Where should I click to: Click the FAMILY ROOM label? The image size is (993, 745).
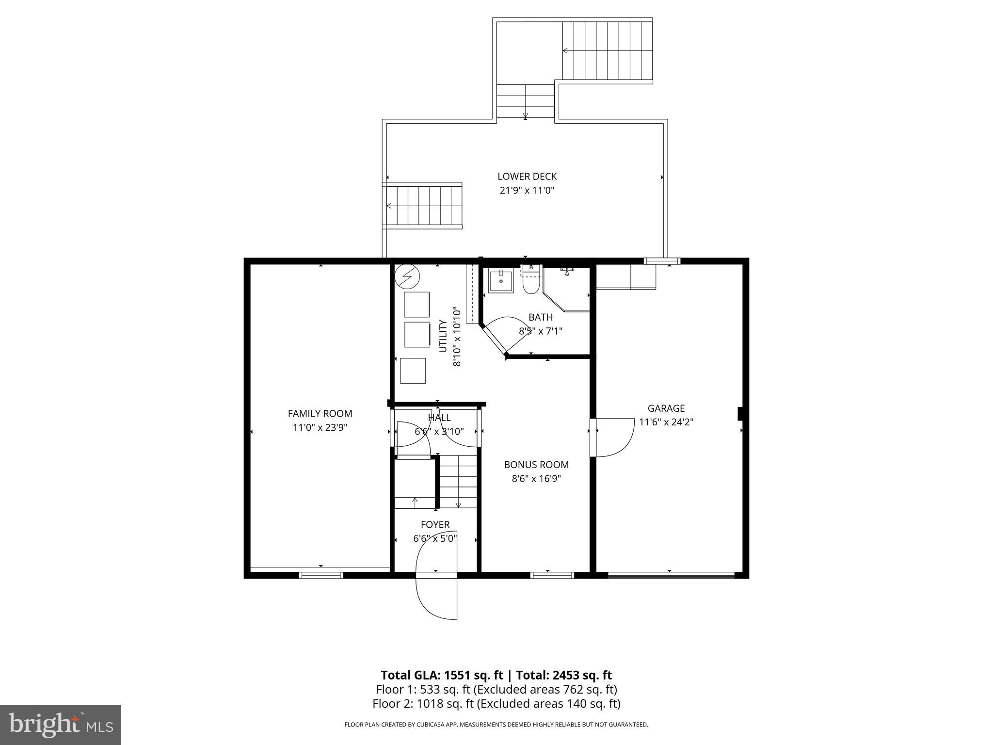click(320, 414)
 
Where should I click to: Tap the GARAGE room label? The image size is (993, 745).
click(666, 408)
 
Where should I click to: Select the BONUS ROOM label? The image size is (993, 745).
click(536, 465)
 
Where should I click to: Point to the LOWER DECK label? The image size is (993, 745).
click(527, 177)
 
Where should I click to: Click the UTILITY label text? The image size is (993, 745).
click(443, 336)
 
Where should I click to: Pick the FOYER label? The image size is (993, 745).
click(435, 524)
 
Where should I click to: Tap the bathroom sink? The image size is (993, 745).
click(500, 281)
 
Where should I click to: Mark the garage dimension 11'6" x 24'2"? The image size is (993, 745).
click(666, 422)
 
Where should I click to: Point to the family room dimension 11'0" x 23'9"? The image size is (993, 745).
click(320, 427)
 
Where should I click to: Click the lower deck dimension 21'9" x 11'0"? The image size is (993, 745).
click(527, 190)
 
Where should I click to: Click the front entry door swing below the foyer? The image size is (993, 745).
click(436, 598)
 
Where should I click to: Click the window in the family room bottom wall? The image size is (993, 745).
click(321, 575)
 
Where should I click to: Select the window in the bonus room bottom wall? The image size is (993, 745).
click(552, 575)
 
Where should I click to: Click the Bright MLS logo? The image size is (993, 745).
click(61, 725)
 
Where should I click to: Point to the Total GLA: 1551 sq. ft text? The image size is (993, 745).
click(444, 675)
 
